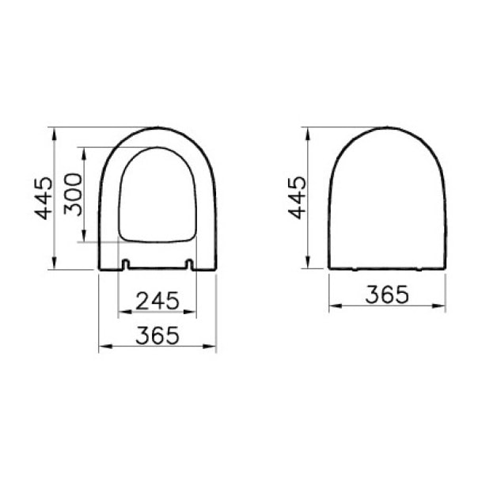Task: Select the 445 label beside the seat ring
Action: point(44,197)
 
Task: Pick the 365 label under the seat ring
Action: point(157,336)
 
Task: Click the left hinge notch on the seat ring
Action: point(126,264)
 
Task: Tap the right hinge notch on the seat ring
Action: point(189,264)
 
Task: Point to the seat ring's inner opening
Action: point(157,194)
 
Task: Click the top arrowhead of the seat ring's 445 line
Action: point(55,131)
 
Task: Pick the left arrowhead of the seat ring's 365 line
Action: point(102,347)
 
